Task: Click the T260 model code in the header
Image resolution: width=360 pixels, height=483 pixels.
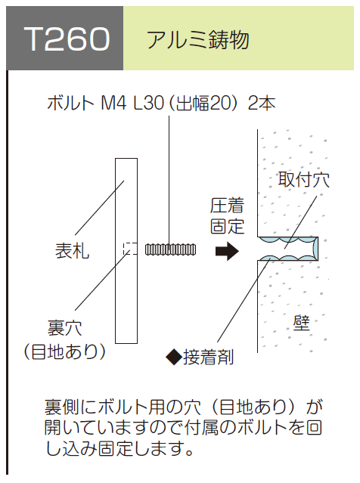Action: pyautogui.click(x=67, y=39)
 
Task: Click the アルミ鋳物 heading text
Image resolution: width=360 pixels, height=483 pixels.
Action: pyautogui.click(x=197, y=40)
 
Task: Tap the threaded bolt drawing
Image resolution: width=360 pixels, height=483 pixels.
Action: pyautogui.click(x=170, y=249)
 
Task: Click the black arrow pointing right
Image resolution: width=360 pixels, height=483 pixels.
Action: pyautogui.click(x=227, y=251)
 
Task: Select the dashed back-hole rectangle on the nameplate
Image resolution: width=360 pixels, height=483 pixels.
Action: pyautogui.click(x=130, y=249)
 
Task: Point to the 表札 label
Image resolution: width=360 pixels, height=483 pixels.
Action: pyautogui.click(x=72, y=250)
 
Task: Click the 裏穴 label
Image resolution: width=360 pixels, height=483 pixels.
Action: pyautogui.click(x=64, y=328)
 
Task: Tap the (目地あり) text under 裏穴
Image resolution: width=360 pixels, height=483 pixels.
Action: pyautogui.click(x=65, y=351)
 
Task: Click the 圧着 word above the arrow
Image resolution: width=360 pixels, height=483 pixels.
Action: pyautogui.click(x=227, y=206)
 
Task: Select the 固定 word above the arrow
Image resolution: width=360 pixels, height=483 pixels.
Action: pyautogui.click(x=227, y=227)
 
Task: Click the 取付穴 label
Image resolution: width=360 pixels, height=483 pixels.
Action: pyautogui.click(x=304, y=180)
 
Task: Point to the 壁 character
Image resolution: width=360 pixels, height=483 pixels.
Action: pyautogui.click(x=302, y=323)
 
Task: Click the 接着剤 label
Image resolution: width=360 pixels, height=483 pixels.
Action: pyautogui.click(x=208, y=358)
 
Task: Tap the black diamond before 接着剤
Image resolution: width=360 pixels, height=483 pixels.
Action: pyautogui.click(x=174, y=358)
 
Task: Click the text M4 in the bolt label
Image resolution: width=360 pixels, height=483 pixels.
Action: pyautogui.click(x=113, y=104)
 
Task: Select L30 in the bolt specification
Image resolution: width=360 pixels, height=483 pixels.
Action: pyautogui.click(x=148, y=104)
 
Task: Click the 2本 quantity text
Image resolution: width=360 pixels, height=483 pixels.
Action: pyautogui.click(x=262, y=104)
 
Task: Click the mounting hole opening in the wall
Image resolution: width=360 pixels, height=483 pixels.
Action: pyautogui.click(x=288, y=249)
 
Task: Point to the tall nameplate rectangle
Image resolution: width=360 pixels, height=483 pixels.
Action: pyautogui.click(x=126, y=251)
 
